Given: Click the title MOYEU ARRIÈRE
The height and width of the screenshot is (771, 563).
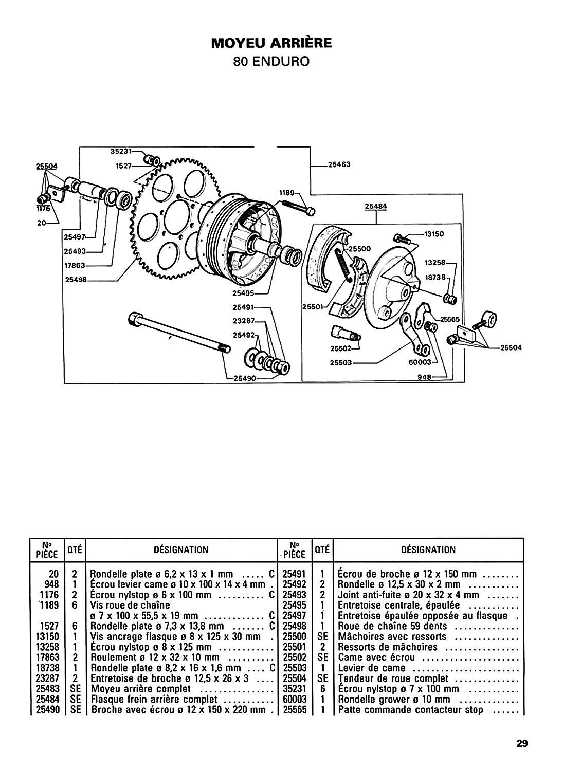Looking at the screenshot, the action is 271,43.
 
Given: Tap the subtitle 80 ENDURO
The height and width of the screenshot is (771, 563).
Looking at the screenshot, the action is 271,62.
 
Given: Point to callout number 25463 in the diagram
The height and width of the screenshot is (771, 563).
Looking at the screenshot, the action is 339,164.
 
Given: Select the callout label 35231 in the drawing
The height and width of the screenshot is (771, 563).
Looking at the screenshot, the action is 121,151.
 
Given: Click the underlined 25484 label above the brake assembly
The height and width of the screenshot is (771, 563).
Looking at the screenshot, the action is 376,206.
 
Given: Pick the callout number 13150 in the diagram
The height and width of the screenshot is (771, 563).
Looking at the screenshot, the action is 434,234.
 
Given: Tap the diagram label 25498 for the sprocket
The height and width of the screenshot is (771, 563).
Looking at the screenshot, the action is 76,280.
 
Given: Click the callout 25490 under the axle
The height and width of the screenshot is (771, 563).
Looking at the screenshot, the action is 245,378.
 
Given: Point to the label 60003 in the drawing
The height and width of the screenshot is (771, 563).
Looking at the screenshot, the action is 420,362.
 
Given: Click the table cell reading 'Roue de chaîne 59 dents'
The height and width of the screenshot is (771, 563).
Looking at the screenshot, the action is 392,626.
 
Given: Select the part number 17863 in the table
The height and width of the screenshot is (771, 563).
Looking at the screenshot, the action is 47,657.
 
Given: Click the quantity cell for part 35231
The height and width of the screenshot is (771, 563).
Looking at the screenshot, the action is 322,689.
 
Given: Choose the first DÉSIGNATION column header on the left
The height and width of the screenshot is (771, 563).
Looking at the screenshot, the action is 181,549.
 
